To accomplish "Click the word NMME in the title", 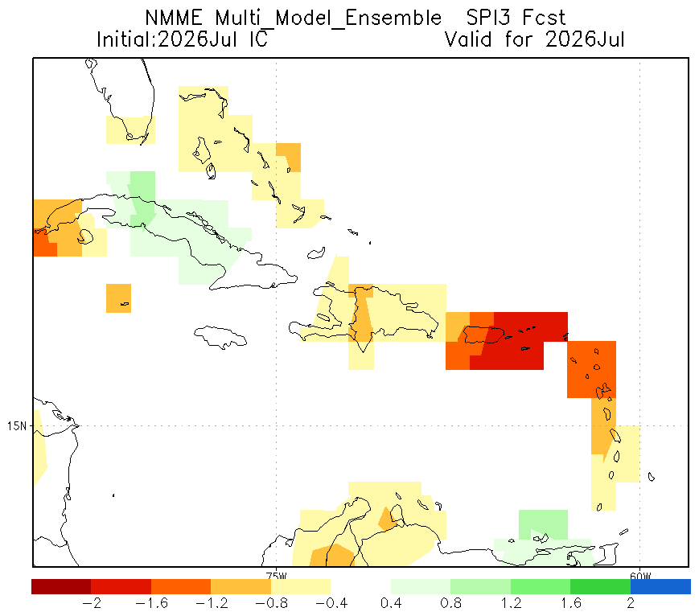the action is (174, 18).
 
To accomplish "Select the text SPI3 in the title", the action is (488, 18).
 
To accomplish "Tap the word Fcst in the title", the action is (544, 18).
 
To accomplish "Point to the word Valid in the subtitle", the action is (468, 39).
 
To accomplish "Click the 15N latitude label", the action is (17, 426).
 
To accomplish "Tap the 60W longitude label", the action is (640, 576).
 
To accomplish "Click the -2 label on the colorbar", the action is (92, 603).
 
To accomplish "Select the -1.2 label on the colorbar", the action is (212, 603).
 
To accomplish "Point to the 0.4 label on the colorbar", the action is (391, 603).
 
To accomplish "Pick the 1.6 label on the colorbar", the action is (571, 603).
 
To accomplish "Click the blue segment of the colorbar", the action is (660, 586).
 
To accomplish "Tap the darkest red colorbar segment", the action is (61, 586).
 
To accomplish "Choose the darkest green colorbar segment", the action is (601, 586).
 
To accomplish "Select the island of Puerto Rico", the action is (483, 335).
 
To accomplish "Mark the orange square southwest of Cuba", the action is (118, 298).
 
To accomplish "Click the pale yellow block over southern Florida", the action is (130, 130).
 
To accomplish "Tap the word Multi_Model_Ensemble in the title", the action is (328, 19).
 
